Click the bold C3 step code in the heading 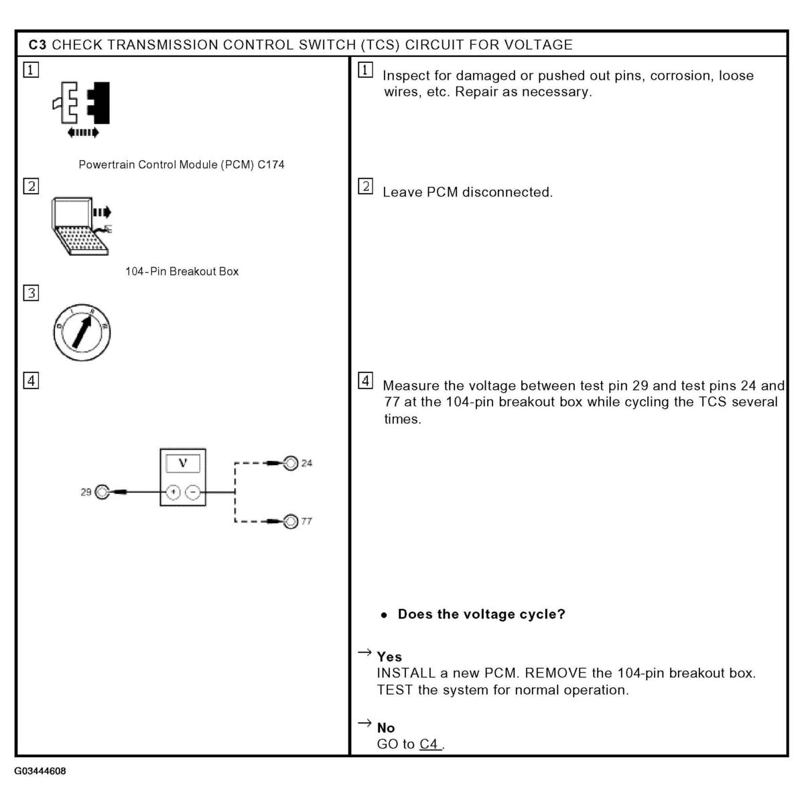38,45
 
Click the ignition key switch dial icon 82,332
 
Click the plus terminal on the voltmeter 173,492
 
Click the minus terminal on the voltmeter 192,492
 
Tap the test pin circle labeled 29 102,492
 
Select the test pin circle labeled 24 291,463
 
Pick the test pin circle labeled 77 291,521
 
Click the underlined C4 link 429,744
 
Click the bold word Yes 389,657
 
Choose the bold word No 386,728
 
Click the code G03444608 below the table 41,771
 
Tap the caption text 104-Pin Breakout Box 182,271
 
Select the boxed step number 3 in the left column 31,293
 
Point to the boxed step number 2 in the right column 365,186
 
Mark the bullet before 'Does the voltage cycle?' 385,615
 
